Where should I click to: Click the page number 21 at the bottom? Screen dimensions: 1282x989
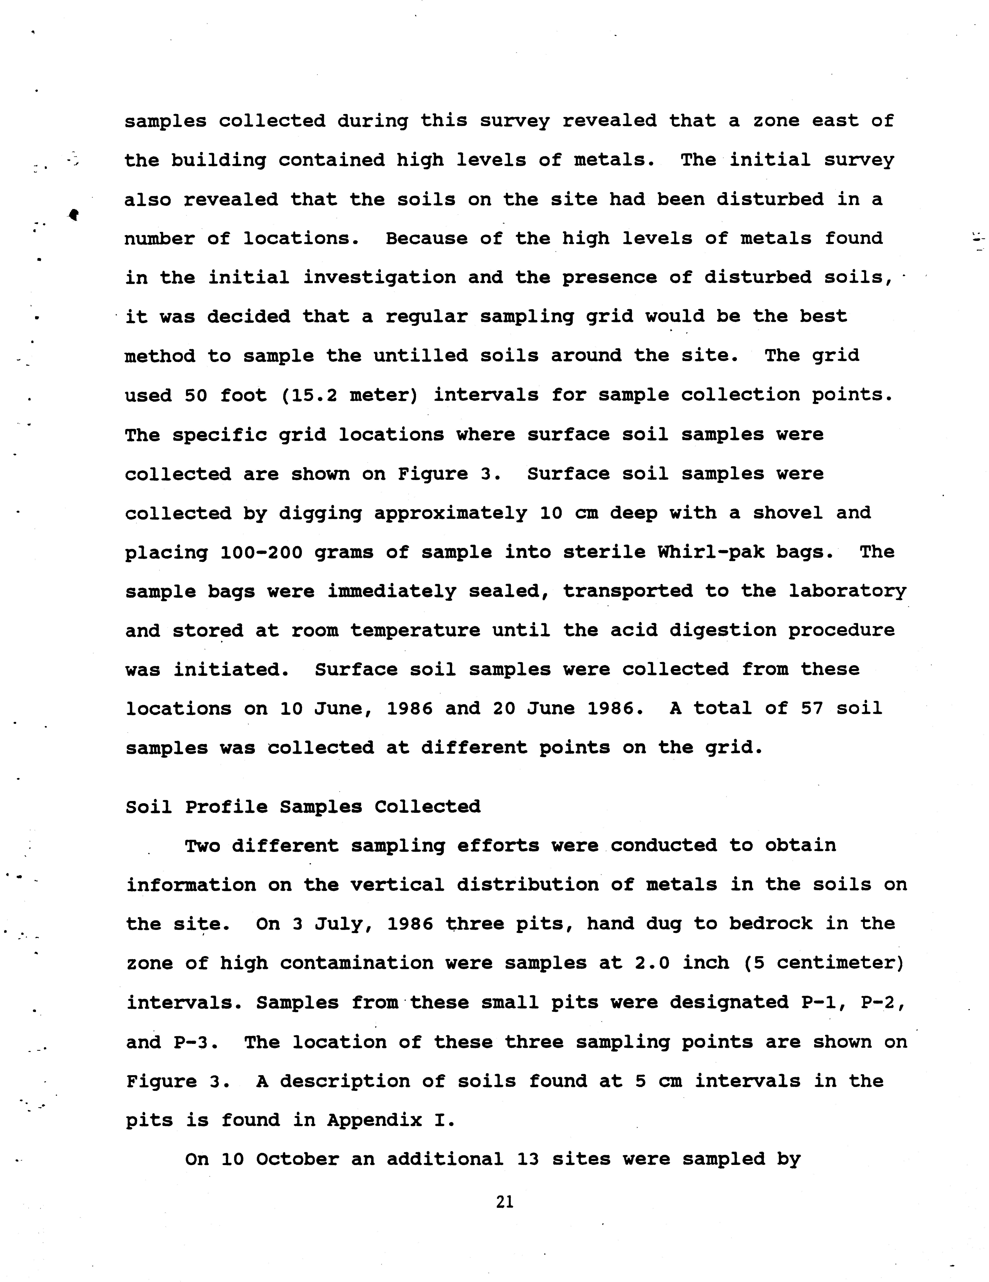pos(504,1202)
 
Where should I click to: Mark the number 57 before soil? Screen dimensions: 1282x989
pos(812,708)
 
